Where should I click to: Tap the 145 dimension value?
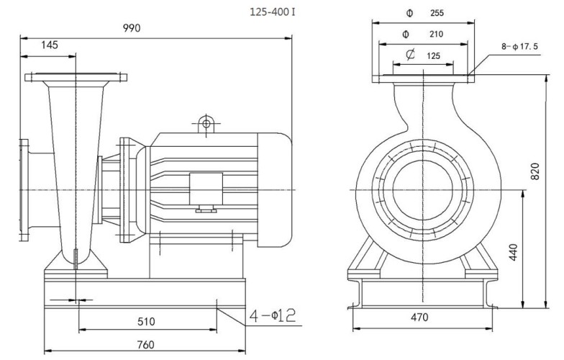point(50,45)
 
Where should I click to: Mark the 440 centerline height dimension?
point(512,253)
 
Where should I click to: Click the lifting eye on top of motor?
point(206,124)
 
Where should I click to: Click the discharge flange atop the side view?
point(75,77)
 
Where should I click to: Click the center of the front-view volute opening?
point(424,189)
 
